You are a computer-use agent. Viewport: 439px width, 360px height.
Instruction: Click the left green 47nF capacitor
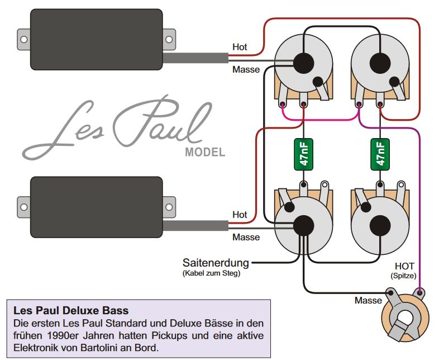coord(303,152)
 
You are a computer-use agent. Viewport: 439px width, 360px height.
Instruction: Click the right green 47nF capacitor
coord(380,152)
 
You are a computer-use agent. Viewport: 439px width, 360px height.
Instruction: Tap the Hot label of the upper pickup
coord(240,48)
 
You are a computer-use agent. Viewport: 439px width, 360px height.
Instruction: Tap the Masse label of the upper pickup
coord(246,69)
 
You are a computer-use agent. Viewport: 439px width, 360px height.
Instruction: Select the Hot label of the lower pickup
coord(240,214)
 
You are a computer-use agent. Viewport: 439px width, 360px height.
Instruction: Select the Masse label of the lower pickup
coord(246,237)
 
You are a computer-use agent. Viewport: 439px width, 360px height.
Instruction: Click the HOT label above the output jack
coord(404,266)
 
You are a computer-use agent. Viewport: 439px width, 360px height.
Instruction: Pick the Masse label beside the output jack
coord(368,301)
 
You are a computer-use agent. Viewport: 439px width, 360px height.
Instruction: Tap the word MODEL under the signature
coord(205,153)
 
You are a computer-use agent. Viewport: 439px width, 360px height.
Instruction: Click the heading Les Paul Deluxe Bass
coord(70,310)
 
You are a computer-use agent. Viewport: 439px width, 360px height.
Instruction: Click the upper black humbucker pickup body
coord(95,39)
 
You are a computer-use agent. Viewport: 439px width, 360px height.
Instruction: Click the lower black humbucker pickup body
coord(95,205)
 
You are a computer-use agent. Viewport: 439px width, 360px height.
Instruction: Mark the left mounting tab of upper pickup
coord(23,39)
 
